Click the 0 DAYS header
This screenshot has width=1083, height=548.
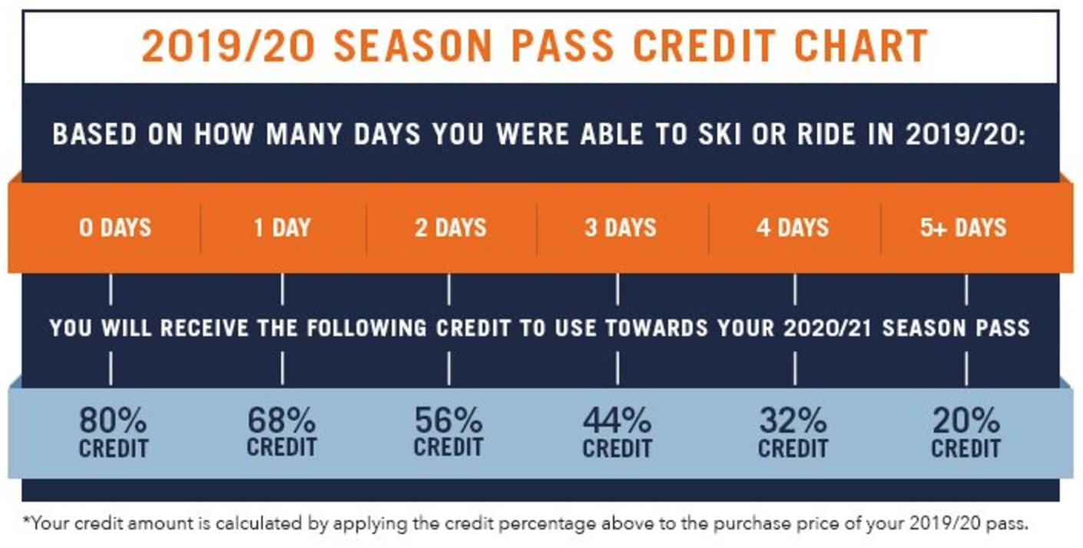115,228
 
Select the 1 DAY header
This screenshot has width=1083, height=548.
283,228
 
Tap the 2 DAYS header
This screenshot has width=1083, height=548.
451,228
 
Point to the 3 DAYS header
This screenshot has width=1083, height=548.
621,228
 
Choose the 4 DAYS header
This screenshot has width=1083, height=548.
793,228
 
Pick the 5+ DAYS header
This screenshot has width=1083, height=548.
963,228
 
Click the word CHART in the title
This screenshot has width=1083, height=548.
861,46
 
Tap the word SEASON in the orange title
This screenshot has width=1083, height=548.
413,46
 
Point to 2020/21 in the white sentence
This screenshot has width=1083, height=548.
828,328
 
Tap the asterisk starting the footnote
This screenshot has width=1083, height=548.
26,520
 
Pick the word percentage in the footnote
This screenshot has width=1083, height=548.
541,524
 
